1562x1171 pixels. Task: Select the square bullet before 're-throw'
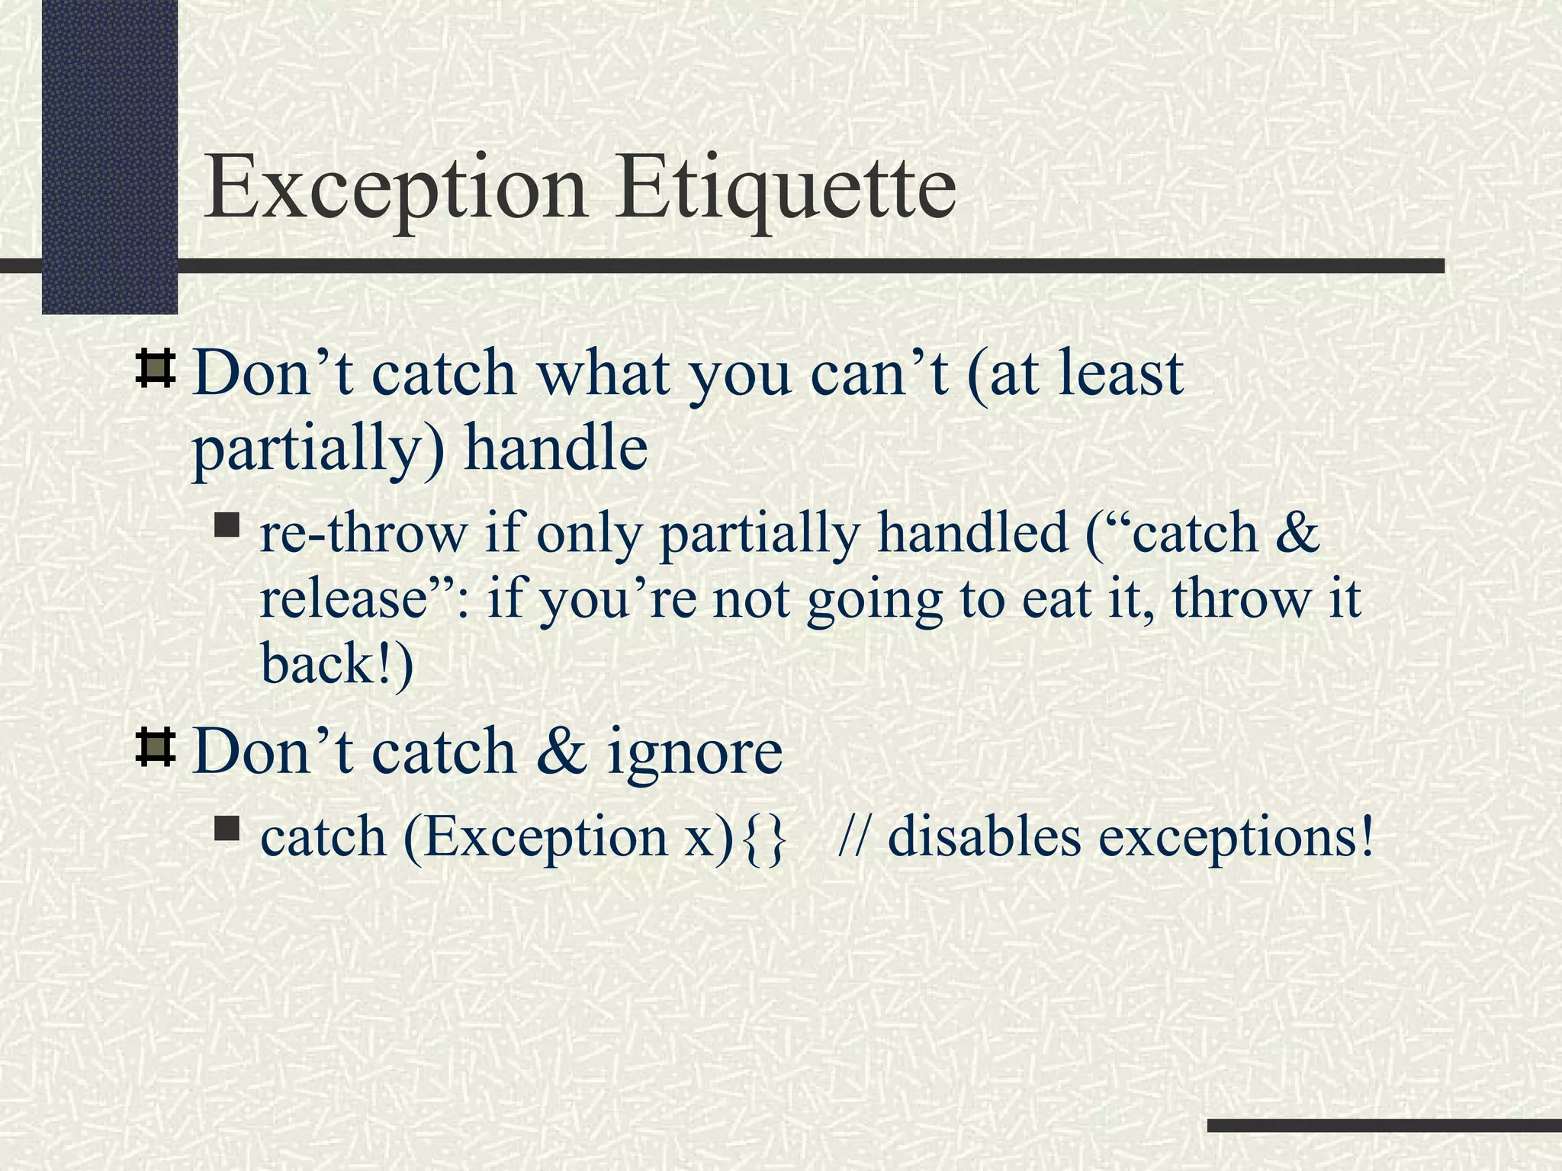pos(227,525)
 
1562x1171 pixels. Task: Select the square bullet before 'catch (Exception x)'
pos(227,829)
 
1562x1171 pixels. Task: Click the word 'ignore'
pos(695,753)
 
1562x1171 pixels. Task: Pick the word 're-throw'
pos(363,533)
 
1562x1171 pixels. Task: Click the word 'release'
pos(342,599)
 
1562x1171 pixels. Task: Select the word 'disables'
pos(984,837)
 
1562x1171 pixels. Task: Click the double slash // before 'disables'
pos(855,837)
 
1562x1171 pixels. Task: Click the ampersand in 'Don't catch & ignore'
pos(562,752)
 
